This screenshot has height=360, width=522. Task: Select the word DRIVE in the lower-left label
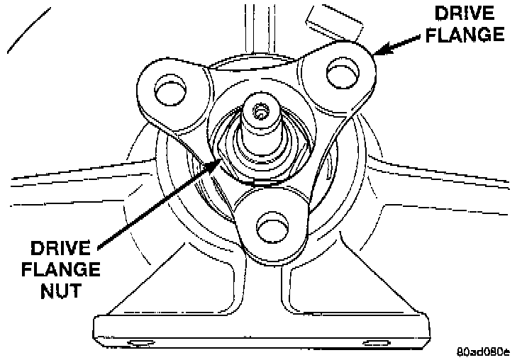click(61, 249)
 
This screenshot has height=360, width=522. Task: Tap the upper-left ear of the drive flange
click(170, 92)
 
